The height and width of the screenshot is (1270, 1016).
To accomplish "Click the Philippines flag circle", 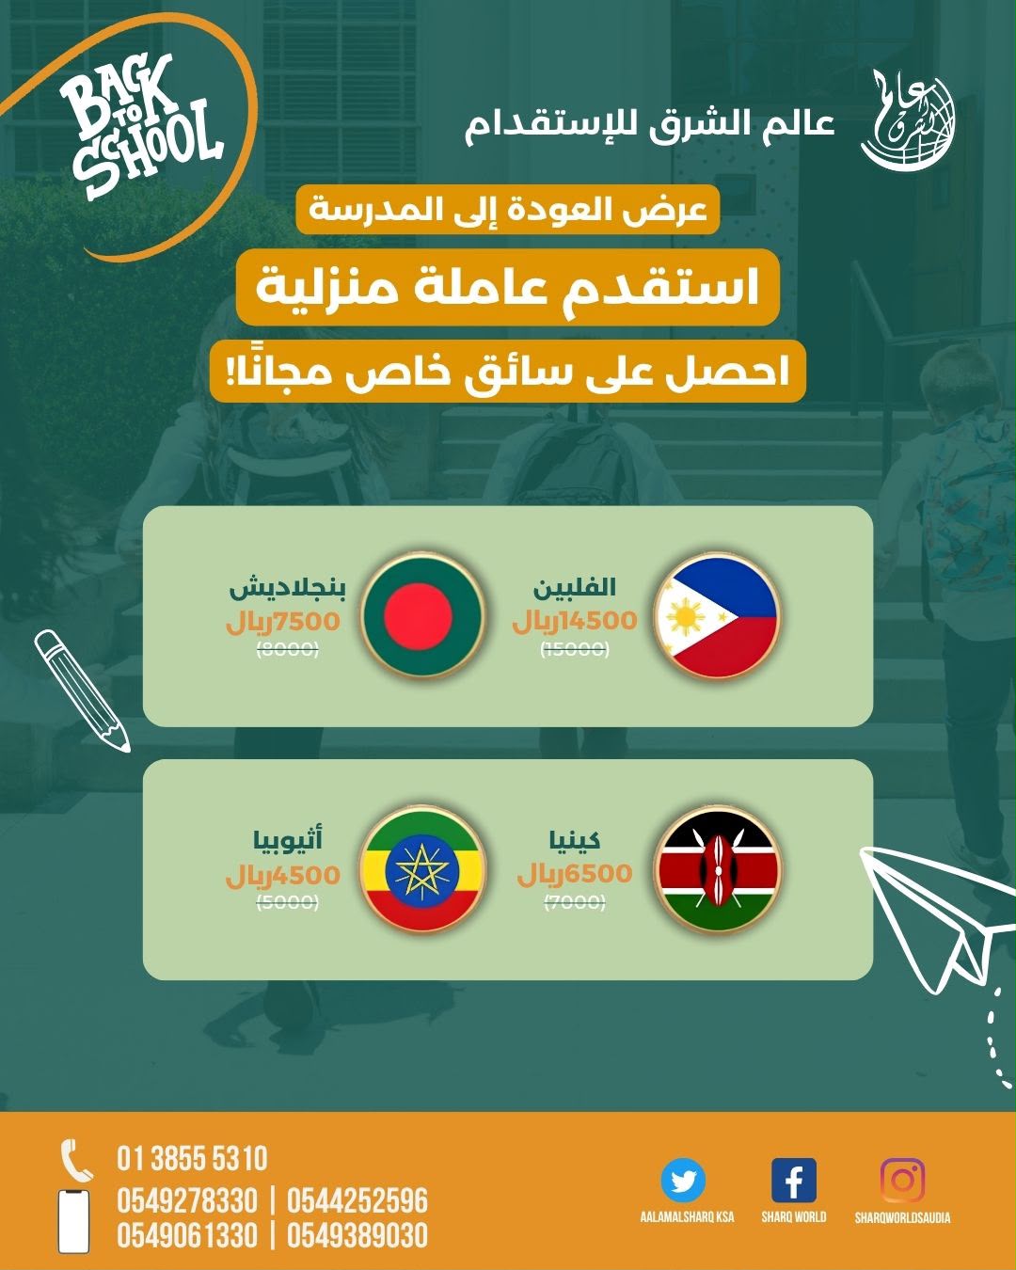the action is point(717,615).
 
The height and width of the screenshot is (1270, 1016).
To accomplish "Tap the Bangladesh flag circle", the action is point(422,615).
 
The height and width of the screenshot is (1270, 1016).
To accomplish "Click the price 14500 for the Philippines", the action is point(598,621).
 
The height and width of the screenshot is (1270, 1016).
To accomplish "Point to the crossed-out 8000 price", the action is point(288,650).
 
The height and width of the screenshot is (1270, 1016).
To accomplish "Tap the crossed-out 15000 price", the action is point(575,650).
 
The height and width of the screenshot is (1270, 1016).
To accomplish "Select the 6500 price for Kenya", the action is point(598,873).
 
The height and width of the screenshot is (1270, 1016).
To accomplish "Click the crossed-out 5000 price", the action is point(288,902).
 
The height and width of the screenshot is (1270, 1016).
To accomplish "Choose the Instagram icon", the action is point(902,1180).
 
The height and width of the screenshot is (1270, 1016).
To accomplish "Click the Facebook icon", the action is point(793,1180).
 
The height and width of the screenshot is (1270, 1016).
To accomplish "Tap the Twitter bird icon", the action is point(683,1180).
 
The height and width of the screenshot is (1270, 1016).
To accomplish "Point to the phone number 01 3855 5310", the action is point(192,1158).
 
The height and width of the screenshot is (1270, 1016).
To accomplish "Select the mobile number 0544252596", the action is point(357,1200).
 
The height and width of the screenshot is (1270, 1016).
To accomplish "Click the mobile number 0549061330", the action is point(187,1235).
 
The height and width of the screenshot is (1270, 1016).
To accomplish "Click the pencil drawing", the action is point(82,691).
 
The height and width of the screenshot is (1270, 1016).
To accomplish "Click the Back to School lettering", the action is point(142,127).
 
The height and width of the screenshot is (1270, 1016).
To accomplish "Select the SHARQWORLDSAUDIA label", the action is point(902,1217).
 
